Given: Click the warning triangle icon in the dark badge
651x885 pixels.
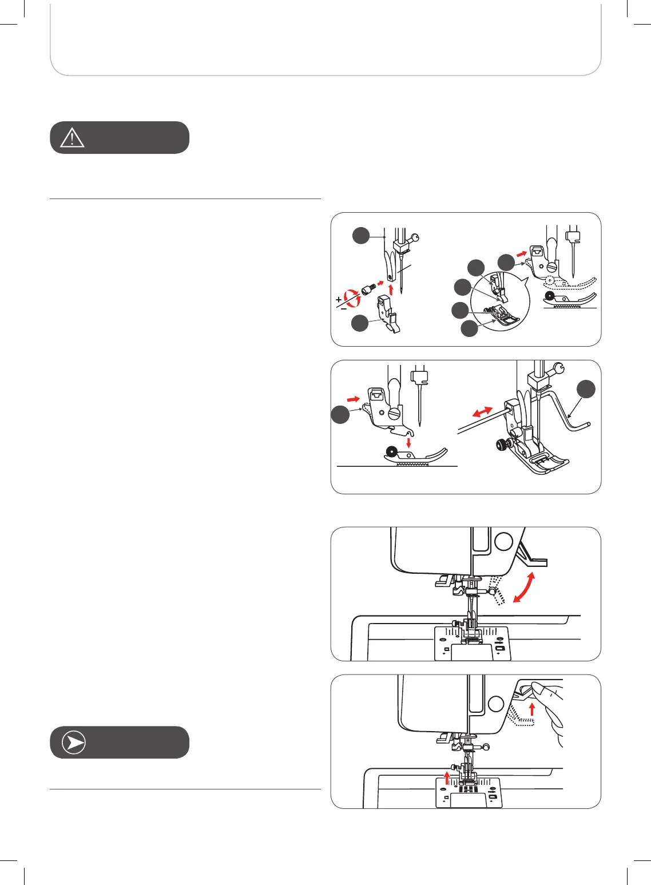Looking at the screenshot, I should pyautogui.click(x=72, y=138).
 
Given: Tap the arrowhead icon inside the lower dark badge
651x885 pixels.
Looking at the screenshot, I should pyautogui.click(x=72, y=743).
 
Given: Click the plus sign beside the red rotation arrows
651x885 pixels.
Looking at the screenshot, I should pyautogui.click(x=339, y=299).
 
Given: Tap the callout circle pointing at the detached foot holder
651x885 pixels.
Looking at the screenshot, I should pyautogui.click(x=360, y=323).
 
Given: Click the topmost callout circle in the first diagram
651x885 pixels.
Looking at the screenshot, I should pyautogui.click(x=360, y=235).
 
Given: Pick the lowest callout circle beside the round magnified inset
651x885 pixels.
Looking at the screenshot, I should pyautogui.click(x=469, y=328).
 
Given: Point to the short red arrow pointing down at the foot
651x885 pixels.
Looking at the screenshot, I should pyautogui.click(x=408, y=443).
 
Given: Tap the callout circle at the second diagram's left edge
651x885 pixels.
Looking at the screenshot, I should pyautogui.click(x=340, y=415).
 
